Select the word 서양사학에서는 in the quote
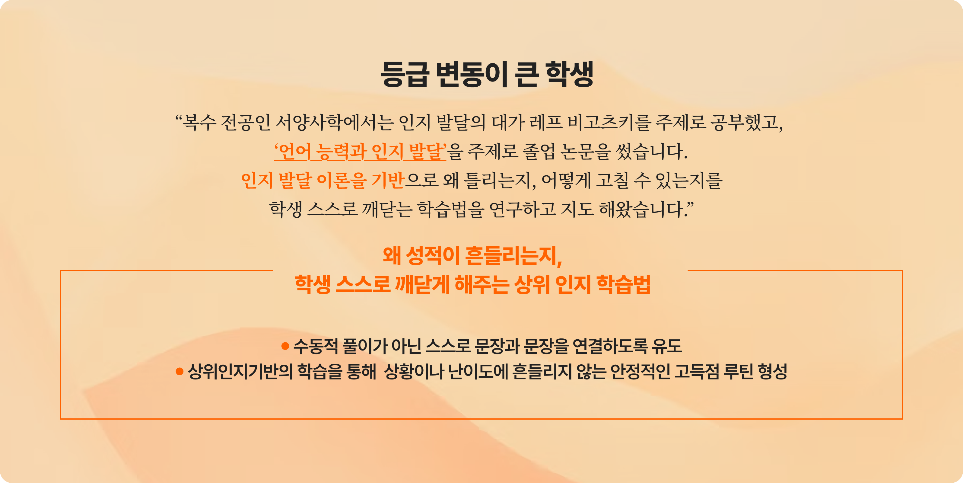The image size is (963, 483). tap(334, 123)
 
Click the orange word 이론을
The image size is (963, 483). tap(342, 181)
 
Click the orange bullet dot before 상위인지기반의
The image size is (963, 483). tap(180, 372)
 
